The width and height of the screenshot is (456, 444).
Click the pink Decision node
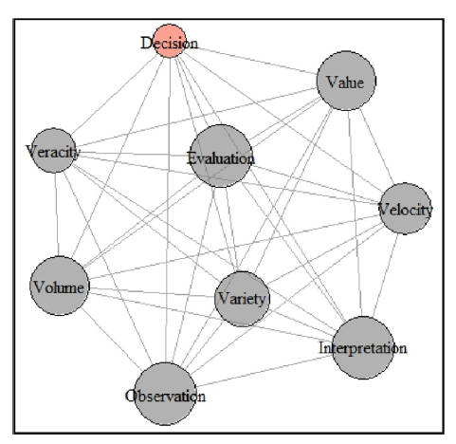pos(170,41)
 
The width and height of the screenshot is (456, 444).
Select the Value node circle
pos(346,81)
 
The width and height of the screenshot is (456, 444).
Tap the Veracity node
pos(54,151)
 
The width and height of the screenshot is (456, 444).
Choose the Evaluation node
pos(221,156)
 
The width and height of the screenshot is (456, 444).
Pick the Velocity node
pos(405,209)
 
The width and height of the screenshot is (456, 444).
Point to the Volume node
pos(60,286)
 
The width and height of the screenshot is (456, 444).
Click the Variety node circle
pos(242,299)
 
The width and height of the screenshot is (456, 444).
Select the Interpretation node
pos(363,347)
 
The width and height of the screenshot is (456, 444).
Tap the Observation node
pos(165,394)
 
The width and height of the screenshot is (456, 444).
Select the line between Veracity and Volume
pos(57,214)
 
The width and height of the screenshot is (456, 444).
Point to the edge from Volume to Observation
pos(113,340)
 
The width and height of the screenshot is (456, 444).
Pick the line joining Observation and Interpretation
pos(264,371)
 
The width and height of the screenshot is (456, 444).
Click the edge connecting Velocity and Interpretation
pos(386,275)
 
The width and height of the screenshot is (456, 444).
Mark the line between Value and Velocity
pos(376,146)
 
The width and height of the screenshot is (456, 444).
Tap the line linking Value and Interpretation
pos(355,213)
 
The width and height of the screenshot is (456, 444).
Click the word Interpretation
pos(363,348)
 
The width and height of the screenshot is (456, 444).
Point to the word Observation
pos(165,396)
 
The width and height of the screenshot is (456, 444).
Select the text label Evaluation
pos(221,157)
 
